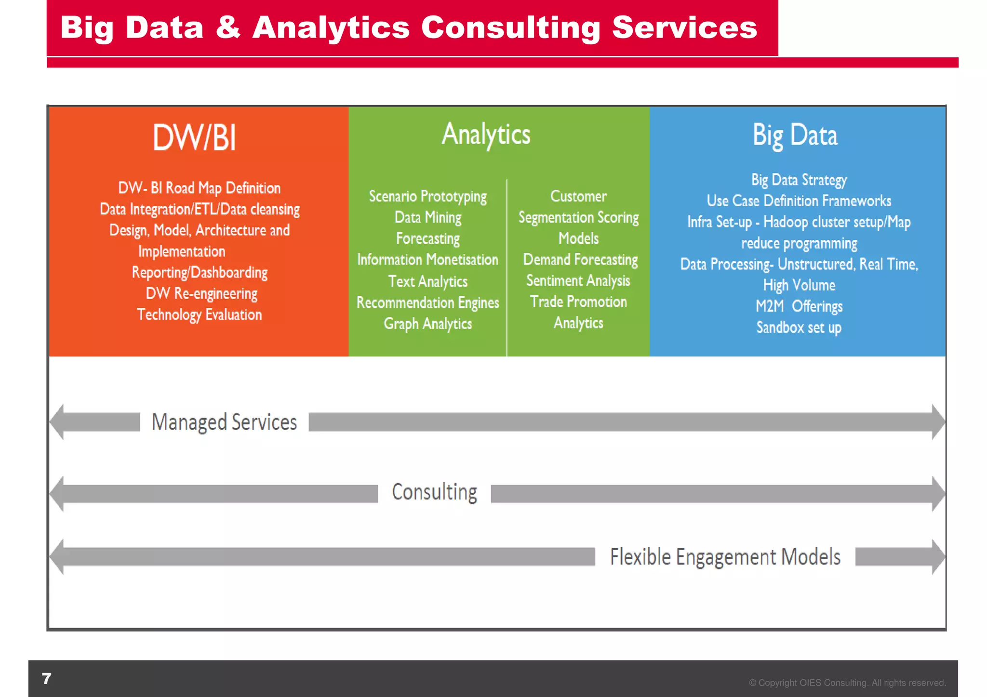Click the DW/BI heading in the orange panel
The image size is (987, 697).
click(x=194, y=138)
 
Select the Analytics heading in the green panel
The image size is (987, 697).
click(x=486, y=134)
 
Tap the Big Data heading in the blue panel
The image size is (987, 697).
click(x=795, y=135)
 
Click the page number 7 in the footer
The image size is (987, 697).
click(x=47, y=678)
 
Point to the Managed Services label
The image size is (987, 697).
click(x=224, y=422)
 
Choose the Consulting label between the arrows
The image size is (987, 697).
click(x=434, y=492)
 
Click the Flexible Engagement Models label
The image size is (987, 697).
click(x=725, y=557)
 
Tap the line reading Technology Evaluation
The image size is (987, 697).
click(x=200, y=315)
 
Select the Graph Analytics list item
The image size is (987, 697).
click(x=427, y=324)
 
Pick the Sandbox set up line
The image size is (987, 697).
click(x=799, y=328)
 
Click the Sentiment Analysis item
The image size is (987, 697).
click(x=578, y=281)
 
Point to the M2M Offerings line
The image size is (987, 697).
click(x=799, y=306)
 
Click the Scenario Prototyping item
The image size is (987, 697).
click(x=427, y=197)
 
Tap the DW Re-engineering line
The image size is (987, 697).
click(x=201, y=293)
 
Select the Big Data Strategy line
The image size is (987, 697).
click(x=799, y=180)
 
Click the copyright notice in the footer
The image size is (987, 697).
click(x=847, y=683)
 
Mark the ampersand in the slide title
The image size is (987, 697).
click(x=227, y=27)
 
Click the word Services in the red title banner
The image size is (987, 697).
click(x=684, y=27)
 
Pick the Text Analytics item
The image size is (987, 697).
click(x=427, y=281)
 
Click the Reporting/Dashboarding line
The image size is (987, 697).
click(x=200, y=273)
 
